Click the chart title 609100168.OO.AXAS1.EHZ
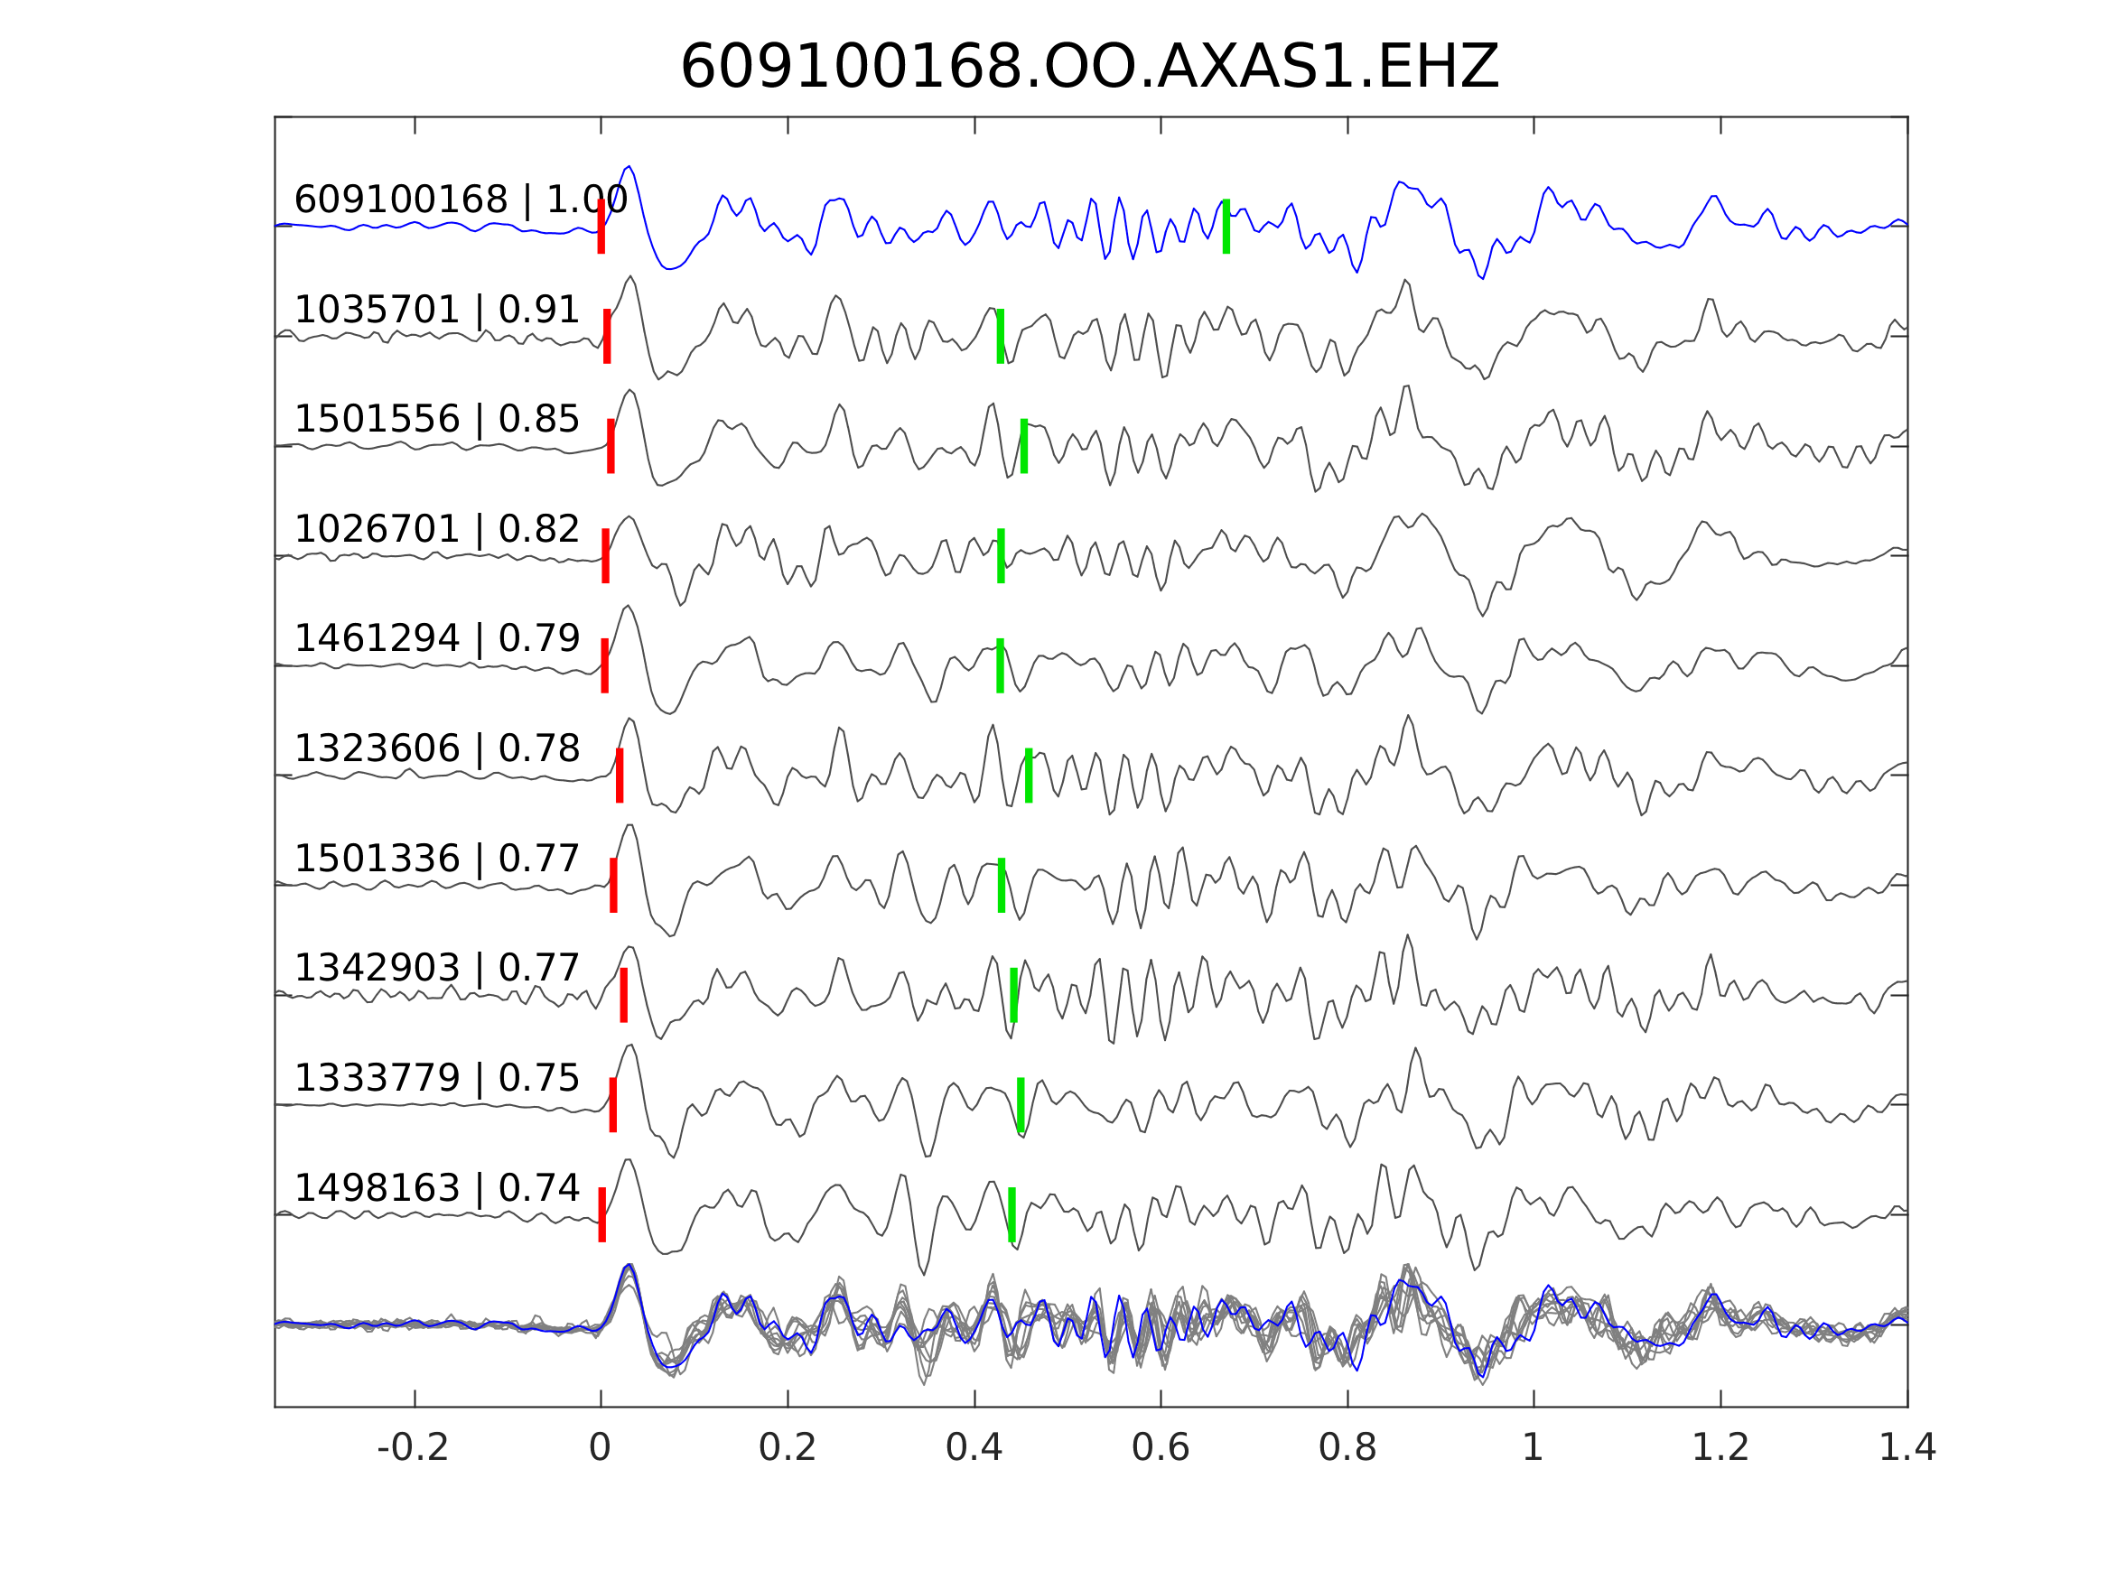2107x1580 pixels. point(1089,68)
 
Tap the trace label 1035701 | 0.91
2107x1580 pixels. point(436,311)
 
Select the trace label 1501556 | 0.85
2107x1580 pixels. point(436,419)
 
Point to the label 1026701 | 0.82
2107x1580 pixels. point(436,529)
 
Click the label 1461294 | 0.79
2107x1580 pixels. point(436,638)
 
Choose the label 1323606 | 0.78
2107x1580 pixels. point(436,748)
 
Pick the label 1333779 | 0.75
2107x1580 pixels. point(436,1078)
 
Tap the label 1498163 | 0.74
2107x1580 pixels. point(436,1188)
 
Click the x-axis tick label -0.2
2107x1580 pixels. point(414,1448)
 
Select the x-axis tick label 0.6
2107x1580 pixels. point(1161,1448)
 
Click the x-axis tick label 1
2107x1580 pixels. point(1533,1448)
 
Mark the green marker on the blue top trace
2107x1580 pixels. point(1226,227)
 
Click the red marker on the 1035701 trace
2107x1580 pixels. point(607,336)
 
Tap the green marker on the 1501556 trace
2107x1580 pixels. point(1024,446)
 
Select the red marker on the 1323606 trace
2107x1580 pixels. point(620,776)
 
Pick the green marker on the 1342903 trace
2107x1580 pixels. point(1013,995)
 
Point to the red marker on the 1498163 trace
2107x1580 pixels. point(602,1214)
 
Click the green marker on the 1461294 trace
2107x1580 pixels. point(1000,665)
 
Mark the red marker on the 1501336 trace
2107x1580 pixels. point(613,886)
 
